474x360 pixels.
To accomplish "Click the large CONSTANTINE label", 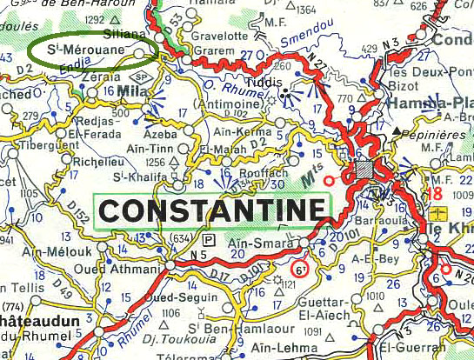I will [x=213, y=210].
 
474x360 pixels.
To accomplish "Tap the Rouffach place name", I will [x=257, y=171].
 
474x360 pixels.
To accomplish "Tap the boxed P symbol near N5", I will [x=208, y=239].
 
